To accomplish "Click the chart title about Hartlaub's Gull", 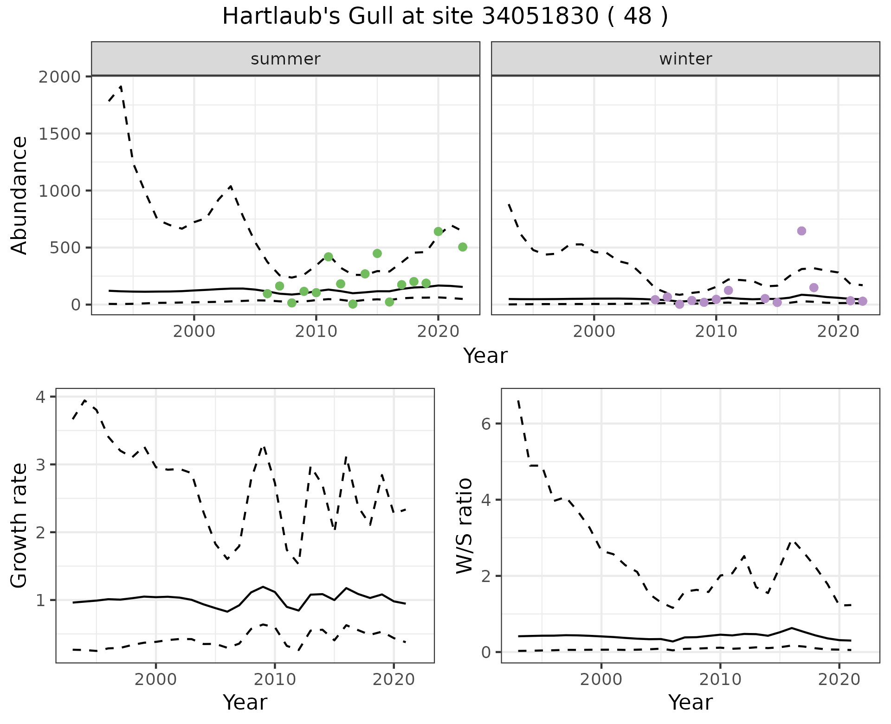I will pos(445,17).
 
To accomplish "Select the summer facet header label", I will pos(285,59).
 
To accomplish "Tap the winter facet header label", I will pos(685,59).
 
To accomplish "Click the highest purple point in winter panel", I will pos(801,231).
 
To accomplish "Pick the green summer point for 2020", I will pos(438,232).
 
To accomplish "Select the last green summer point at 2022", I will pos(463,247).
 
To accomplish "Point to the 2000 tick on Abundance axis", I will pos(60,77).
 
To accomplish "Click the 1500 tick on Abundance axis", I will pos(60,134).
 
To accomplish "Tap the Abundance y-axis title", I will pos(19,195).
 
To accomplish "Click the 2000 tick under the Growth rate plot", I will pos(156,680).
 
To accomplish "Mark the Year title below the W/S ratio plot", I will pos(690,702).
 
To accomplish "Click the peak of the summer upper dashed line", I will pos(121,86).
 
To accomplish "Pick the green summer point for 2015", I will pos(377,253).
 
